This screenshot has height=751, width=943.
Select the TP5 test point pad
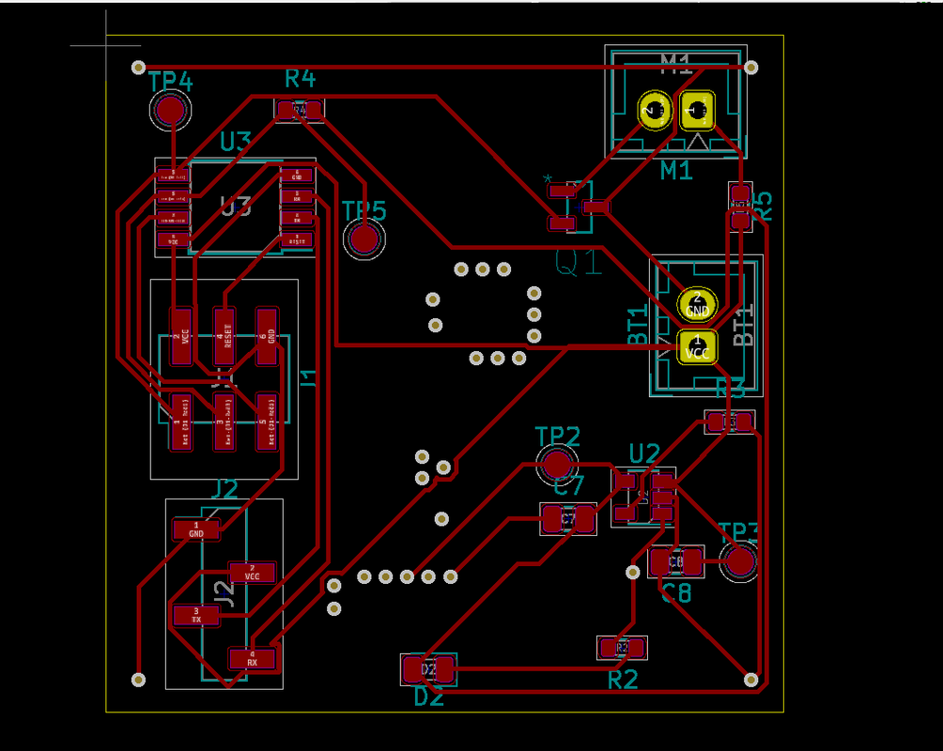[x=364, y=240]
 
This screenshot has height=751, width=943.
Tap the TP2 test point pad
[x=558, y=464]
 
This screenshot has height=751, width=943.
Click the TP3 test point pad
[x=740, y=562]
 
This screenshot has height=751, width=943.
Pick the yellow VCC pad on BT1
[x=697, y=347]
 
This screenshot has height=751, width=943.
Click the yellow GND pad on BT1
[x=697, y=304]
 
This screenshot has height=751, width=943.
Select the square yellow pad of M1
[x=697, y=111]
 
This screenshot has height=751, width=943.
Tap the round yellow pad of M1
[x=654, y=111]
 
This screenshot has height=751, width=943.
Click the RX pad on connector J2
[x=252, y=658]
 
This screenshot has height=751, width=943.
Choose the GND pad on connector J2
[x=196, y=529]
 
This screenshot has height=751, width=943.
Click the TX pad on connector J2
[x=196, y=616]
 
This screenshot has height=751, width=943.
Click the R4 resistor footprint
[x=300, y=111]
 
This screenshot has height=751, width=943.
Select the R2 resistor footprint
[x=622, y=647]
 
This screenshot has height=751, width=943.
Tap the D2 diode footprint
[x=428, y=669]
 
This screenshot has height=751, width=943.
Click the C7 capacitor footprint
[x=568, y=518]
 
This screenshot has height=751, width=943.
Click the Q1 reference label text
[x=578, y=264]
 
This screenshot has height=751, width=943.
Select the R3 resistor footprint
[x=730, y=421]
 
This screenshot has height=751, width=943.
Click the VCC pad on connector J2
[x=252, y=573]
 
